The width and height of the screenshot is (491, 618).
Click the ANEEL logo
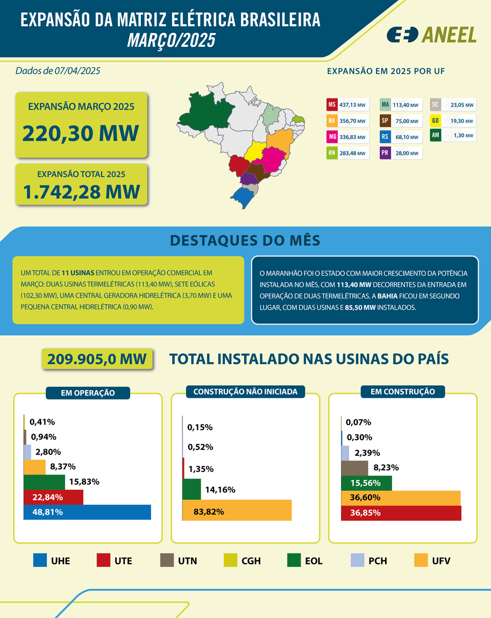click(x=431, y=34)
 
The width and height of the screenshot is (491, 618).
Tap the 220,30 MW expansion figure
click(x=81, y=132)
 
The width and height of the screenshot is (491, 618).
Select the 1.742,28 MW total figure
click(x=81, y=191)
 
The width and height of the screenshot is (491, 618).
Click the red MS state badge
click(x=332, y=104)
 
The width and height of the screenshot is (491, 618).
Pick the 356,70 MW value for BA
click(x=352, y=121)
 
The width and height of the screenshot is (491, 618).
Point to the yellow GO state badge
click(x=436, y=121)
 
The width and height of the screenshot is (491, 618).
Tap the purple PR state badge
click(x=385, y=153)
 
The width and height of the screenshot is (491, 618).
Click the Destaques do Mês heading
click(x=245, y=240)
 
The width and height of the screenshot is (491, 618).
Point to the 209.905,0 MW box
click(x=97, y=359)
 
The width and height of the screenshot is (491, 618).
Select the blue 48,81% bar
click(x=87, y=512)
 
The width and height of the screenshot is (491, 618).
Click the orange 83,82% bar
click(x=237, y=511)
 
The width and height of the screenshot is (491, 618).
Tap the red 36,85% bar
click(x=401, y=513)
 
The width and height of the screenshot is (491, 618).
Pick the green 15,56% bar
click(x=367, y=483)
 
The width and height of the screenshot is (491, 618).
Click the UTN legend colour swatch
click(x=167, y=560)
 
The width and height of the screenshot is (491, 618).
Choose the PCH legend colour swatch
click(x=357, y=560)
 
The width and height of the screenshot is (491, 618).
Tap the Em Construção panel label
click(x=403, y=392)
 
